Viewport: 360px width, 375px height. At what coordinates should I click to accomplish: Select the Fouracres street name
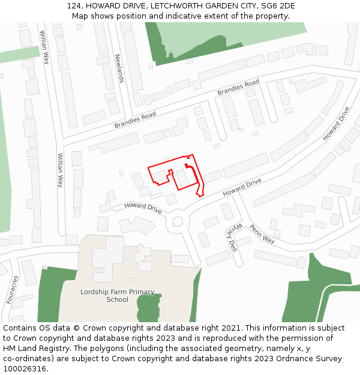point(11,289)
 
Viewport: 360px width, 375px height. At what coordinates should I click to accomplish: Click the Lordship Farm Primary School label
point(117,296)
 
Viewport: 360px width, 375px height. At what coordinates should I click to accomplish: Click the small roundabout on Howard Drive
point(178,221)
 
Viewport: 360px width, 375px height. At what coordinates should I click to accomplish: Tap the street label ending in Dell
point(233,237)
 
